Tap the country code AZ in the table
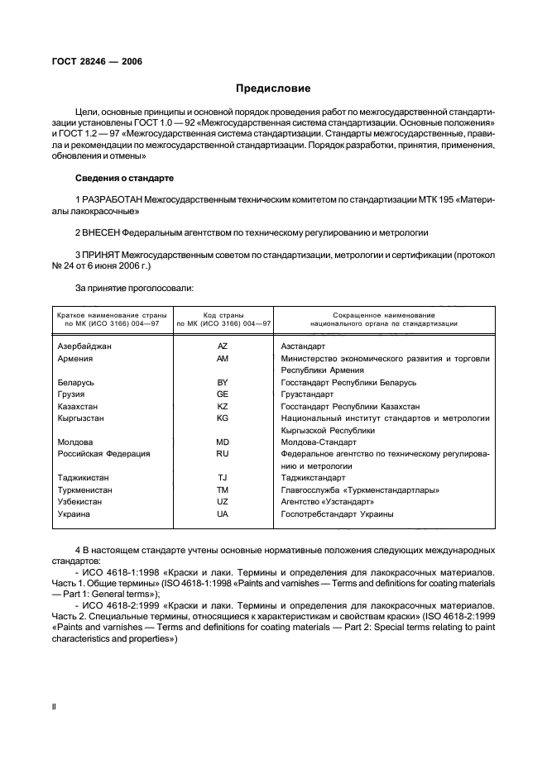point(222,346)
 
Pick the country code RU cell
point(222,453)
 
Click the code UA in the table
point(222,514)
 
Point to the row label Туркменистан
point(86,490)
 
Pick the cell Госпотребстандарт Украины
point(337,514)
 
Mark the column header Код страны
point(222,315)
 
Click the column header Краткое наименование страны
point(111,315)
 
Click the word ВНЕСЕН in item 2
point(102,233)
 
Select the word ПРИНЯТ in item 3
point(102,256)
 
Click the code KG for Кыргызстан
point(222,418)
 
